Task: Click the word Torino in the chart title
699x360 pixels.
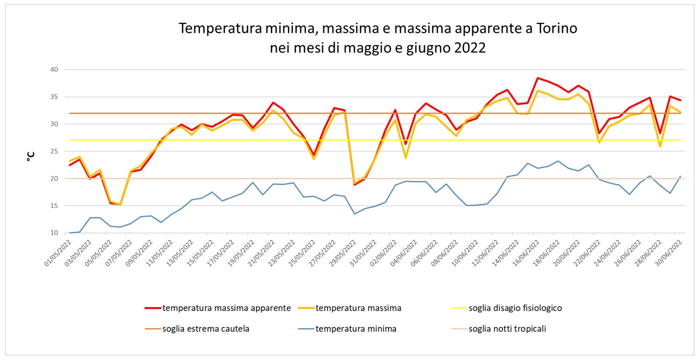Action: pos(556,28)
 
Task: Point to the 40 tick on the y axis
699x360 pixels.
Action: pos(54,69)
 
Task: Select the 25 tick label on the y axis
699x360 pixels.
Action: pos(54,151)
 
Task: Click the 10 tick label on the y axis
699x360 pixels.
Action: pos(54,233)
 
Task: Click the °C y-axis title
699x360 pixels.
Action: pos(30,156)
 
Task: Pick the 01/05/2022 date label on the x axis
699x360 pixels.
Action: pos(58,252)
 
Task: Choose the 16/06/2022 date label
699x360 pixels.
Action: pos(526,252)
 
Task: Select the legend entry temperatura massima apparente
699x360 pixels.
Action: pos(218,308)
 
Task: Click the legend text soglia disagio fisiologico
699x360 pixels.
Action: pos(506,308)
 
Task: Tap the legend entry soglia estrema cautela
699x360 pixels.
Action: pos(197,329)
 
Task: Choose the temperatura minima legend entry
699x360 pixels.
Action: pos(347,329)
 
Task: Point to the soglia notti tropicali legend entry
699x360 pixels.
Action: pos(498,329)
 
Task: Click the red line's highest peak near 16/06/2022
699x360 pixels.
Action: pos(537,77)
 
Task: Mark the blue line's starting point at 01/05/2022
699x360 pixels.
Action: pos(69,232)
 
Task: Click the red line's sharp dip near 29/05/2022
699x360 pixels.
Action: pos(354,185)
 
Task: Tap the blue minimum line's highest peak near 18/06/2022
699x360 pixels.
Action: pos(558,161)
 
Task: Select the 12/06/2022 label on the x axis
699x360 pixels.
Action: pos(485,252)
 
